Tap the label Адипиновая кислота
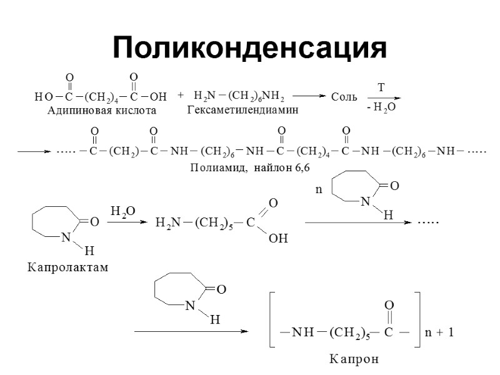click(x=102, y=111)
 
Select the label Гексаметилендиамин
click(x=242, y=110)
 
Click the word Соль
click(x=344, y=97)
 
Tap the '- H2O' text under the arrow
click(x=381, y=108)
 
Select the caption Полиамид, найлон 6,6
click(x=249, y=168)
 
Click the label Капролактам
click(x=67, y=267)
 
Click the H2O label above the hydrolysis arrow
click(x=122, y=211)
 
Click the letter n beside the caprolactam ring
click(x=318, y=189)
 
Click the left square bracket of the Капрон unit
click(x=271, y=319)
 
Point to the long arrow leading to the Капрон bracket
click(x=191, y=332)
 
